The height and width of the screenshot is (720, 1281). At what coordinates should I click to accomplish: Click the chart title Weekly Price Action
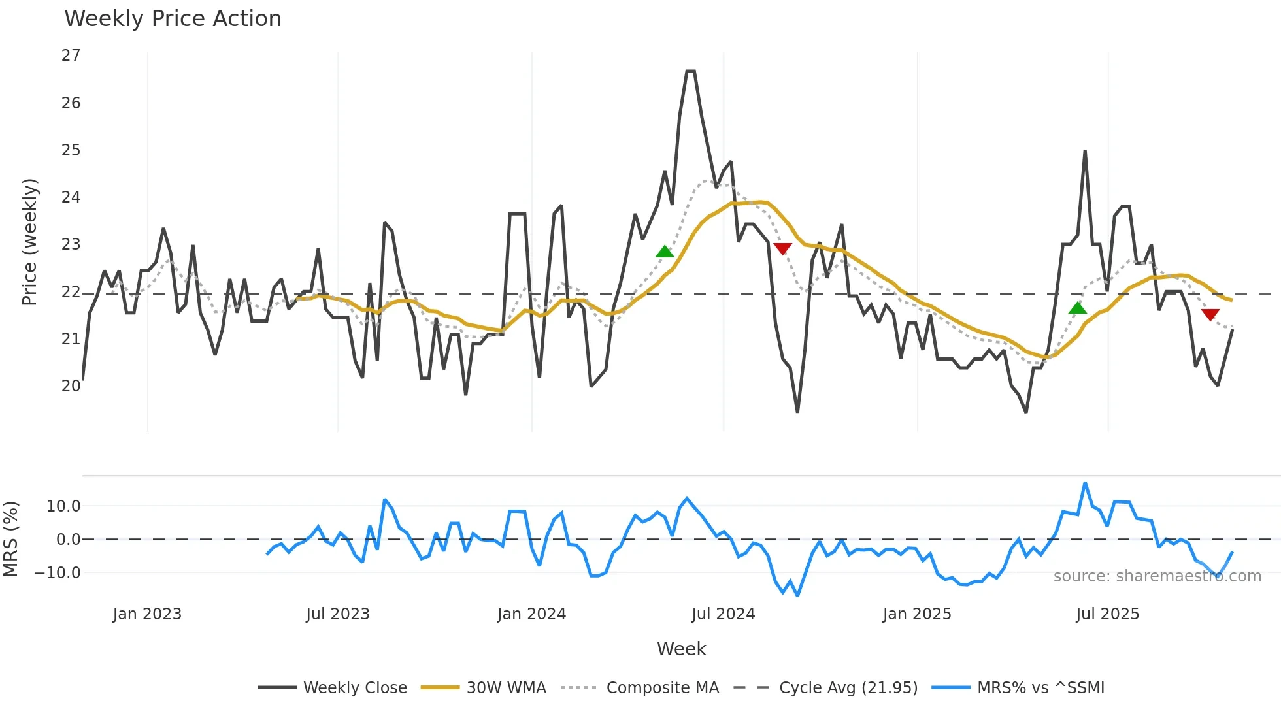173,19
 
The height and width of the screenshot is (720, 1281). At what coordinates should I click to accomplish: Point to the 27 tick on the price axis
71,56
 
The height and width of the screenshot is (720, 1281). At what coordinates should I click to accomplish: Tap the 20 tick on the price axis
71,386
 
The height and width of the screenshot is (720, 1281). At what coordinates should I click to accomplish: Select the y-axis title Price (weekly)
30,242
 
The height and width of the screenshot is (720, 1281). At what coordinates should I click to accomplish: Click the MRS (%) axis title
11,539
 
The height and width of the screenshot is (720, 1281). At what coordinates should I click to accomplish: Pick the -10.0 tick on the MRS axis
58,573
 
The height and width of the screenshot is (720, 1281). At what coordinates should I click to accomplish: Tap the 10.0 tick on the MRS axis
63,506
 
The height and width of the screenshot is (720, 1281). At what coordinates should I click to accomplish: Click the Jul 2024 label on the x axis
723,614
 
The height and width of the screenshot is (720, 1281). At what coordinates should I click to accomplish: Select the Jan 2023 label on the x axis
147,614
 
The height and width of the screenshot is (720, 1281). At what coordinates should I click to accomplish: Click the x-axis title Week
681,649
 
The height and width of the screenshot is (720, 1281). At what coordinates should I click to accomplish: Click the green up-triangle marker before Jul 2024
665,252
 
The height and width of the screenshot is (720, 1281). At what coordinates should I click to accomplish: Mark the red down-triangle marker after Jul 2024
782,248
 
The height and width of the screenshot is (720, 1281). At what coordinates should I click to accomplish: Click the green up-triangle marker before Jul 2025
1078,308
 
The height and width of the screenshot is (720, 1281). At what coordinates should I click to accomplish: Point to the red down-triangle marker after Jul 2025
1210,315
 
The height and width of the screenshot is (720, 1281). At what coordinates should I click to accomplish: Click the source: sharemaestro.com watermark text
1157,576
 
